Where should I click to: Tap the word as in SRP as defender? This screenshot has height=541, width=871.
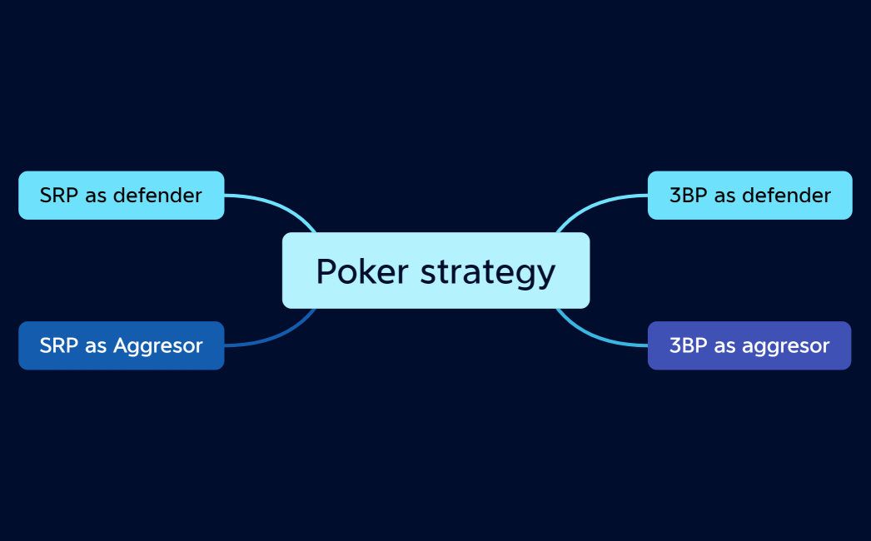coord(95,196)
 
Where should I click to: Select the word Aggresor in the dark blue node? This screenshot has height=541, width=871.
coord(158,346)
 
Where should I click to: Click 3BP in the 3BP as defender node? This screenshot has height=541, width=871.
coord(688,196)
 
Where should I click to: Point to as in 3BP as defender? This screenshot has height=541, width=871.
coord(724,196)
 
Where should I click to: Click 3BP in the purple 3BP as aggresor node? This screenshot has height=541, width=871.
coord(688,345)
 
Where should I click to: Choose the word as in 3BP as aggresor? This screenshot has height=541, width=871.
coord(724,346)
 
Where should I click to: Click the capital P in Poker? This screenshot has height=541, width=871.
coord(325,271)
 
